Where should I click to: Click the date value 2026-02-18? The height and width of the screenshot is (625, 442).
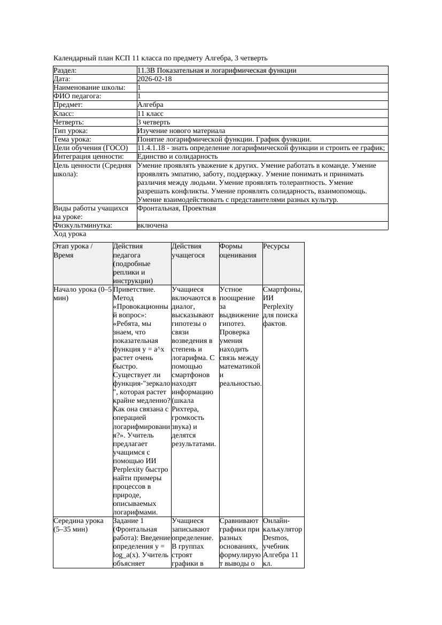click(154, 79)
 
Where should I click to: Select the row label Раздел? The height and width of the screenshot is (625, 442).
click(65, 71)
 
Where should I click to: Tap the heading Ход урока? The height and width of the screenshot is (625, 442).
click(70, 234)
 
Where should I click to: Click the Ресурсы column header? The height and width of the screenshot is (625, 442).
click(276, 247)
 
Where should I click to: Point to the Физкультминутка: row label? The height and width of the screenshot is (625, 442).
click(83, 225)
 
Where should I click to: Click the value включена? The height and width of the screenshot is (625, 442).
click(152, 225)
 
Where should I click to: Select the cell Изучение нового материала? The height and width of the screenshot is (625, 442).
click(181, 131)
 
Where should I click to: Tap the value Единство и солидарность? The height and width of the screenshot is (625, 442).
click(177, 157)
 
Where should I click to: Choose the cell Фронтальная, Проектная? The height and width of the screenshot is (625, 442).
click(176, 208)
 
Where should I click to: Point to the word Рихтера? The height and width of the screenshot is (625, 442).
click(185, 409)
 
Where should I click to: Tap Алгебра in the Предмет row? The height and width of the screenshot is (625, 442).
click(150, 105)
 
